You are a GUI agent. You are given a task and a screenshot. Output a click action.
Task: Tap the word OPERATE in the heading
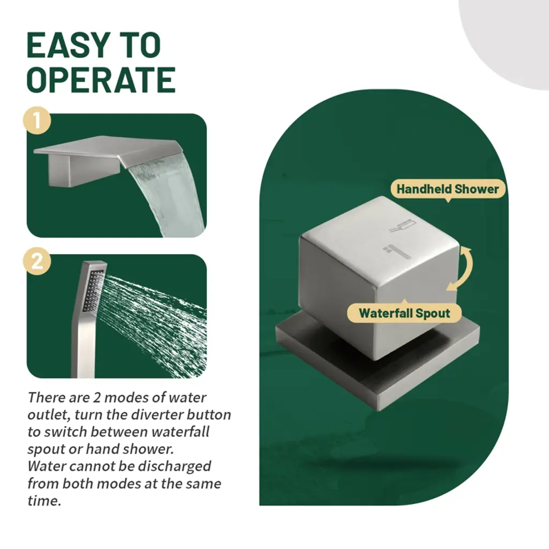pyautogui.click(x=101, y=80)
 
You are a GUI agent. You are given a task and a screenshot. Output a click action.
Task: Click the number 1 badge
pyautogui.click(x=37, y=121)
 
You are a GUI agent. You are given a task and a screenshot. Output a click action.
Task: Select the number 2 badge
pyautogui.click(x=37, y=261)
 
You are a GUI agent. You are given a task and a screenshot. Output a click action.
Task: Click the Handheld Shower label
pyautogui.click(x=448, y=189)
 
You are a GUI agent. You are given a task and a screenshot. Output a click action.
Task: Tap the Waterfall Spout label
pyautogui.click(x=404, y=313)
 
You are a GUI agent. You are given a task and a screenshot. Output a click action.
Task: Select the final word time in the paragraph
pyautogui.click(x=44, y=501)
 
